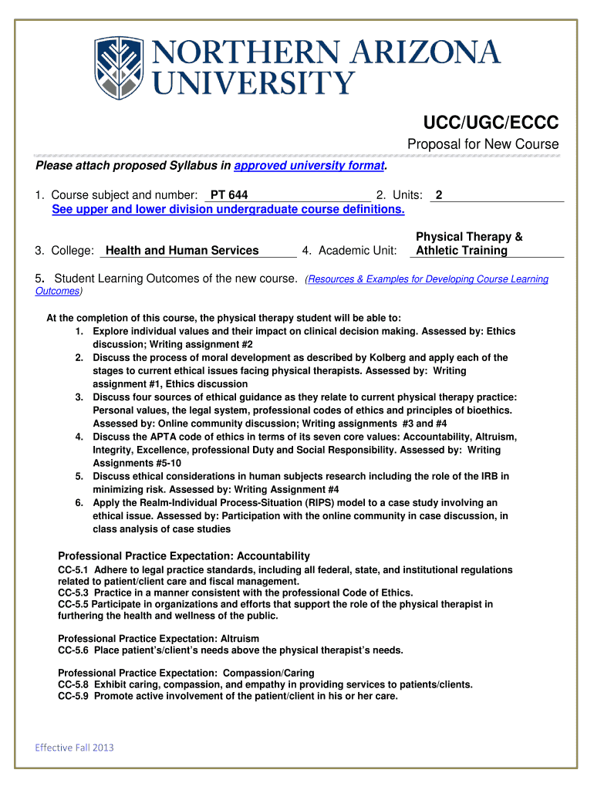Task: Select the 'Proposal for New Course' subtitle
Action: point(483,145)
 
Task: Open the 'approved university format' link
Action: point(309,166)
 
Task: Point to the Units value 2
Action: point(439,196)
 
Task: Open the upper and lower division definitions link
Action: point(228,209)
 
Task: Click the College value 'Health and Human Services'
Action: point(182,250)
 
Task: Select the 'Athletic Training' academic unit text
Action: point(461,250)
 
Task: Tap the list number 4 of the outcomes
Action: point(79,437)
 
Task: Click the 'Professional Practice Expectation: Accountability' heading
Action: point(184,555)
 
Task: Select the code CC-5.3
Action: point(73,592)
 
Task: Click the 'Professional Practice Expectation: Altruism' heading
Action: point(159,638)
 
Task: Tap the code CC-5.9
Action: point(73,696)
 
